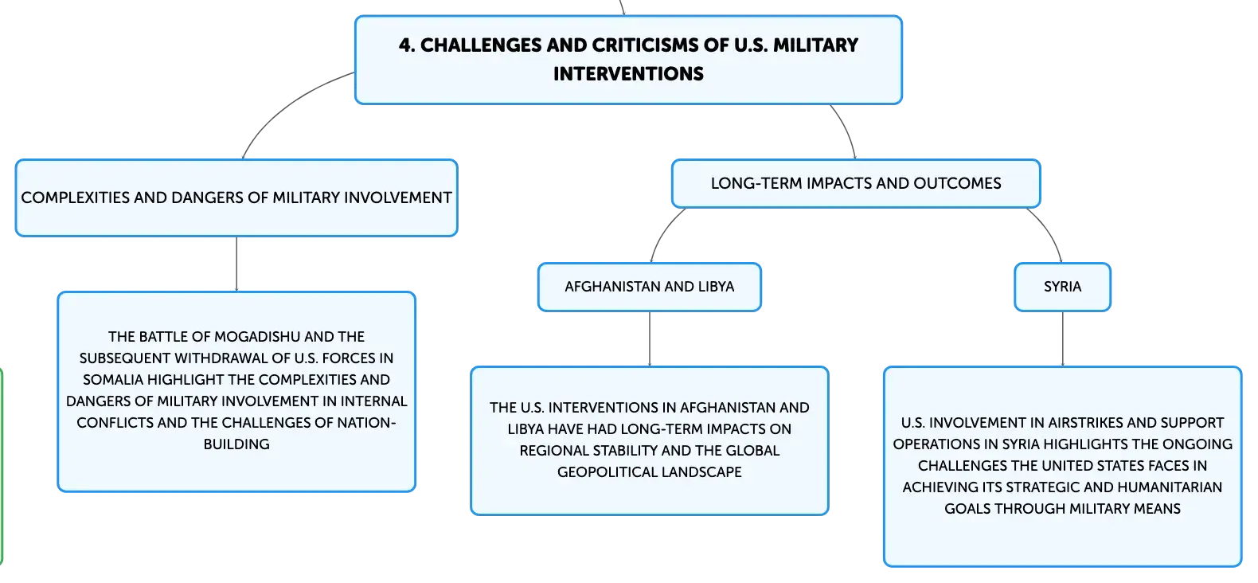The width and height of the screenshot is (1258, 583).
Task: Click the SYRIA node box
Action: (1062, 287)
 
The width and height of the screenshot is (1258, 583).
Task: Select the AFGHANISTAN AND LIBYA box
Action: (649, 287)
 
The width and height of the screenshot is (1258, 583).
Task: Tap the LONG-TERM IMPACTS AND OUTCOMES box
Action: (856, 184)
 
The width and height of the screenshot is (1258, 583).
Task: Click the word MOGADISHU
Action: (257, 336)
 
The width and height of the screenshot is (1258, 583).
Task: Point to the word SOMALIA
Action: (113, 380)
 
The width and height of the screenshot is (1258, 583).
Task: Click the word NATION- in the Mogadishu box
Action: (367, 422)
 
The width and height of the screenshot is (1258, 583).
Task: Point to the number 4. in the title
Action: (407, 45)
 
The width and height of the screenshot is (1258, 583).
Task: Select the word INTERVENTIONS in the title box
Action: (628, 73)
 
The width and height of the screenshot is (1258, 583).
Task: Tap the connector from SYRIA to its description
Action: (1063, 338)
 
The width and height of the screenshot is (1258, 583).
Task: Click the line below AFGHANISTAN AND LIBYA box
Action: (650, 338)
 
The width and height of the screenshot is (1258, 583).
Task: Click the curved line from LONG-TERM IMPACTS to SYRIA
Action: (1049, 230)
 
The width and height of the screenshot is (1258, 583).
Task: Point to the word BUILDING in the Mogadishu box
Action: (236, 444)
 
